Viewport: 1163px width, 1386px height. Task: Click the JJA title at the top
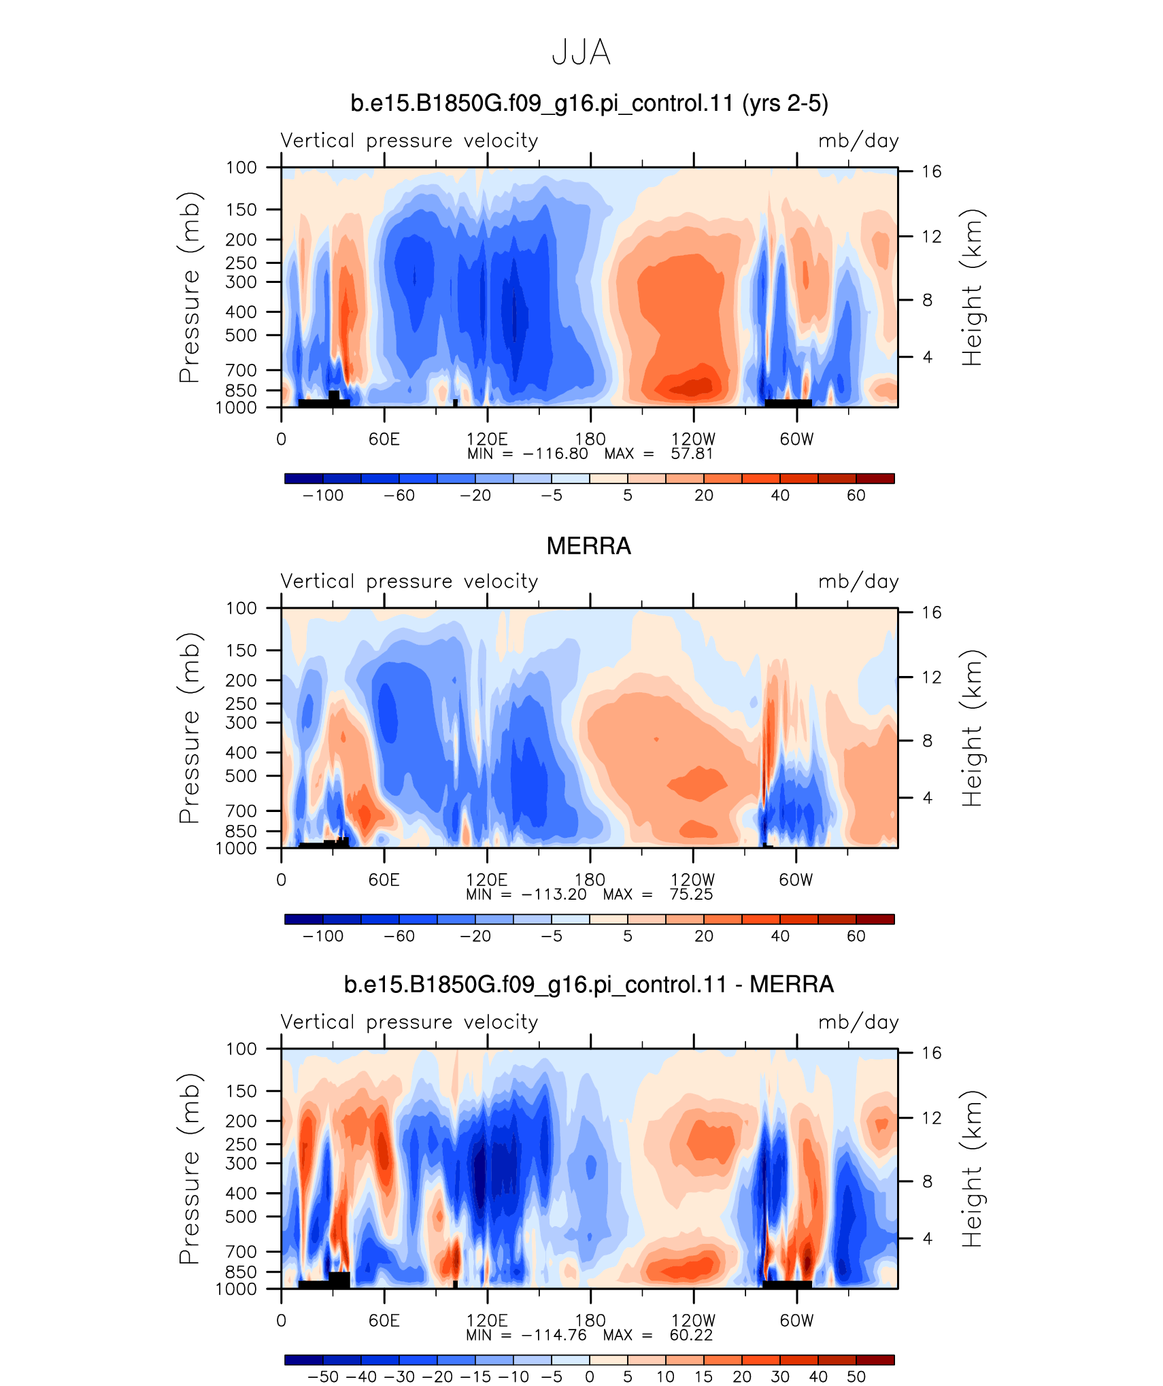(x=581, y=52)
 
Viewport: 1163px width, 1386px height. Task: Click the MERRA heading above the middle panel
(x=589, y=546)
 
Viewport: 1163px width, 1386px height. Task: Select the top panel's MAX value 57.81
(x=692, y=454)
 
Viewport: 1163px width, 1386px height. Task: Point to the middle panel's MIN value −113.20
(x=554, y=894)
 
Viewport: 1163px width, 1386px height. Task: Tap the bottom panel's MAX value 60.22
(x=691, y=1335)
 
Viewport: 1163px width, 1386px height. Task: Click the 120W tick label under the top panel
(x=693, y=439)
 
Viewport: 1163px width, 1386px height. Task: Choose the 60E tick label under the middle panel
(x=384, y=880)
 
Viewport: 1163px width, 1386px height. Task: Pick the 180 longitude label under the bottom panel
(x=590, y=1321)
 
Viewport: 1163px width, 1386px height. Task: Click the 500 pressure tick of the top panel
(x=241, y=335)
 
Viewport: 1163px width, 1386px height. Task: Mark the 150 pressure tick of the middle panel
(x=241, y=650)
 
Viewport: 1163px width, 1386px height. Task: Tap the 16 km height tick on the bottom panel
(x=931, y=1053)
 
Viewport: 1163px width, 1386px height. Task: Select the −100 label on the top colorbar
(x=323, y=495)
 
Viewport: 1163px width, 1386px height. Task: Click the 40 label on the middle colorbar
(x=780, y=936)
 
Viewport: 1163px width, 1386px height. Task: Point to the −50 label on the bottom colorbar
(x=323, y=1376)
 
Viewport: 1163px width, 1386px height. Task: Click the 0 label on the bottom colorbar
(x=590, y=1376)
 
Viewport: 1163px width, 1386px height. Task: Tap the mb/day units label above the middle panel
(x=858, y=581)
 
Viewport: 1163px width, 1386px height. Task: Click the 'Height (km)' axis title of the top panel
(x=973, y=287)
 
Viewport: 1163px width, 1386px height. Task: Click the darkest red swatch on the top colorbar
(x=875, y=479)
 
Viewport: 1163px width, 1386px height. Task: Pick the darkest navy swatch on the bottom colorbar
(x=304, y=1359)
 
